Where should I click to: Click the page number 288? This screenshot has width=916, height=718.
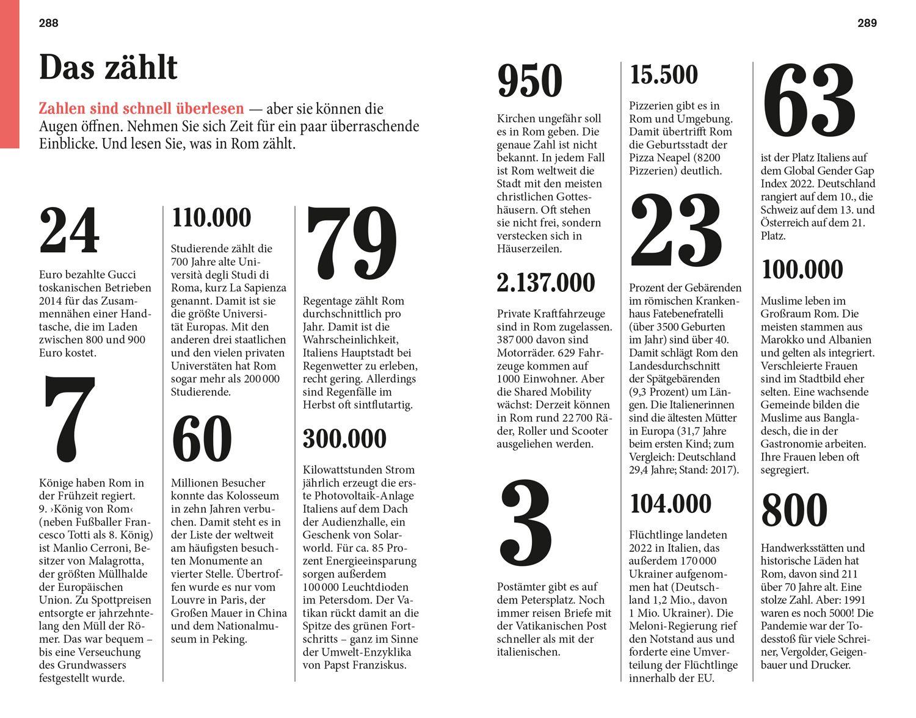tap(48, 23)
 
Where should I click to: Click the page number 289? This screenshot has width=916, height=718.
tap(867, 23)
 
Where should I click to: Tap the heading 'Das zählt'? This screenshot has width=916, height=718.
tap(108, 67)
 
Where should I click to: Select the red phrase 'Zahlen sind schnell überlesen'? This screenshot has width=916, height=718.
tap(141, 109)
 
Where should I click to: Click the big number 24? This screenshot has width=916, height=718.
tap(69, 232)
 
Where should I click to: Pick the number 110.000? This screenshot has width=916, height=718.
tap(211, 218)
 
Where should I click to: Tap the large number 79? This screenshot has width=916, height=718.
tap(351, 244)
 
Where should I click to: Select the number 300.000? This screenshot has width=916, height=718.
tap(344, 439)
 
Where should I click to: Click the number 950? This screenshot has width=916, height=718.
tap(529, 81)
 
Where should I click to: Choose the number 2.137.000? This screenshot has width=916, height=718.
tap(545, 283)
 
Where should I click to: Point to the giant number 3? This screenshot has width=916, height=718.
tap(526, 525)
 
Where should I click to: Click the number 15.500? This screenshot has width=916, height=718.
tap(663, 75)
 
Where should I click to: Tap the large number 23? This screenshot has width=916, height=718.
tap(676, 235)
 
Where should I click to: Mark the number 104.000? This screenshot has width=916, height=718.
tap(671, 504)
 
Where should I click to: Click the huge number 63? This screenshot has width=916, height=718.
tap(809, 101)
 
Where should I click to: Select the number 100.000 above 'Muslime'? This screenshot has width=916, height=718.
tap(802, 270)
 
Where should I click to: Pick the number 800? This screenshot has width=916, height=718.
tap(794, 510)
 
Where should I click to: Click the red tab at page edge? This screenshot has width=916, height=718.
tap(9, 73)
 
